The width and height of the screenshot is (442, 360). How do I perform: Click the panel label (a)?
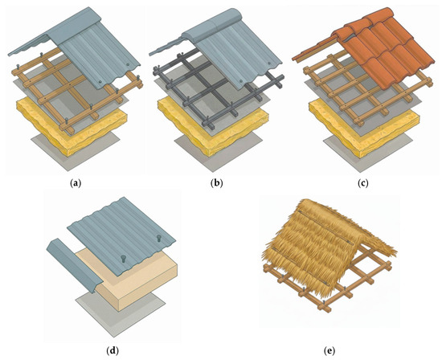(75, 183)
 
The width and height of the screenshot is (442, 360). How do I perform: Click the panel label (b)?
(216, 183)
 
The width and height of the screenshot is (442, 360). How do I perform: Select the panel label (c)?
(362, 183)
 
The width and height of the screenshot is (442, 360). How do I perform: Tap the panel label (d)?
(113, 350)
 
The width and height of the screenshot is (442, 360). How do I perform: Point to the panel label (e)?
(329, 350)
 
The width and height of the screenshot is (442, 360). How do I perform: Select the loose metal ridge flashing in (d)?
(74, 265)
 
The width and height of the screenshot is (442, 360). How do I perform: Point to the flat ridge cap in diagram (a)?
(76, 27)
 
